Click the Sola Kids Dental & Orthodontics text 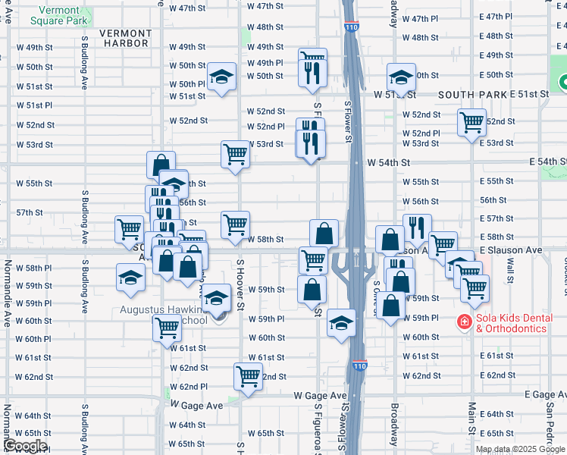point(512,323)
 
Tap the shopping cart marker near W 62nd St point(248,376)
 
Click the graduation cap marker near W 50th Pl point(221,76)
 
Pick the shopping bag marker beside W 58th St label point(324,232)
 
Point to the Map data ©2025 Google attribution point(521,449)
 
